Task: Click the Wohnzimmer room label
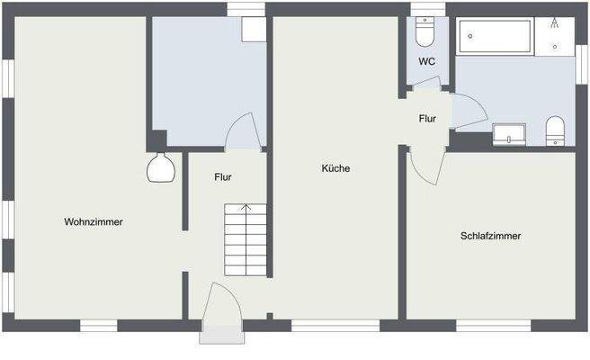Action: pos(94,221)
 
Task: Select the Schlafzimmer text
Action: pos(490,236)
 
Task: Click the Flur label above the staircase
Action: pos(223,177)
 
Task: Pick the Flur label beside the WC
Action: pos(427,118)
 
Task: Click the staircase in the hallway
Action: pos(246,239)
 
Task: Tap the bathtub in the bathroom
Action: pos(497,37)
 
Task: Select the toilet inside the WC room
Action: pos(425,32)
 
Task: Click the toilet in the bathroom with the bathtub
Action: pos(555,130)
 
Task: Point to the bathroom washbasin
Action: pos(510,135)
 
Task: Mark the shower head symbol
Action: pos(556,22)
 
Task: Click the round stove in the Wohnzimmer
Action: pos(160,168)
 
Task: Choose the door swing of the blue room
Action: pos(241,133)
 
